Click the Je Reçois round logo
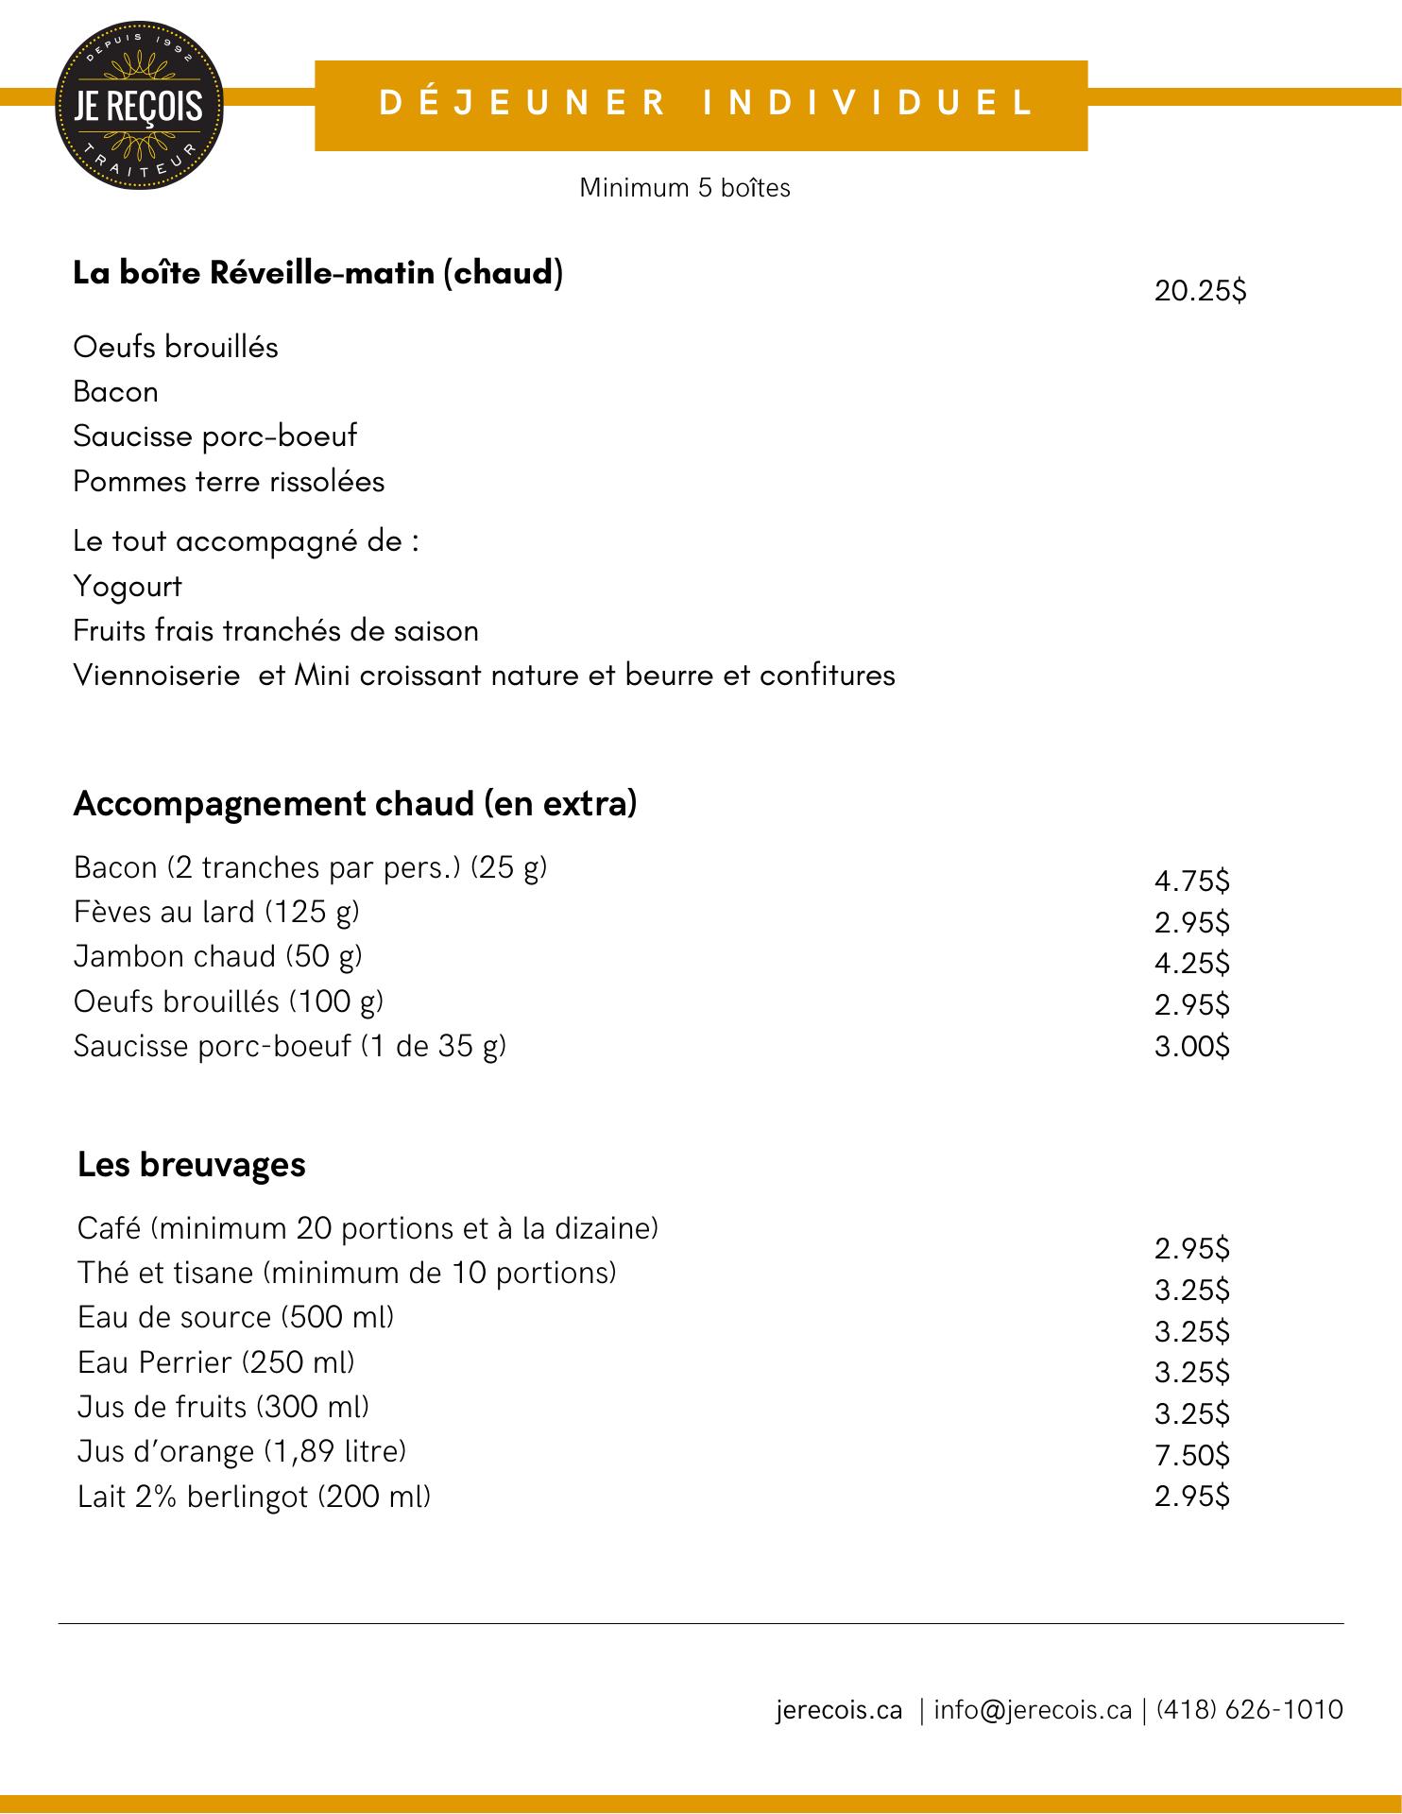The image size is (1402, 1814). point(141,105)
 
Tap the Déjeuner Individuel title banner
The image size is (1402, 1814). point(701,105)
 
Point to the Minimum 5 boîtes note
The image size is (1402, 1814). point(685,188)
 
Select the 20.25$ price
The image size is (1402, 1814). point(1200,291)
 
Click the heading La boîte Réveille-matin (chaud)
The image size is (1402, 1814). point(318,273)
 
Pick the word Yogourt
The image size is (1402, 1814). point(128,587)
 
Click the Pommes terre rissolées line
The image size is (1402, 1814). point(229,482)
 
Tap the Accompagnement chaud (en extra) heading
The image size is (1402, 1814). point(355,803)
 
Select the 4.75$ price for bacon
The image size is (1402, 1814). point(1192,881)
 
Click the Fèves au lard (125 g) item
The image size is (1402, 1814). point(216,912)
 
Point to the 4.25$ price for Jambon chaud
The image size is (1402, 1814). point(1192,964)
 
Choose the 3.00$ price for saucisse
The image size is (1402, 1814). point(1192,1047)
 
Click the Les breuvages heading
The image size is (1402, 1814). point(192,1164)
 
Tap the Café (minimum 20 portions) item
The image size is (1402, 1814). point(368,1228)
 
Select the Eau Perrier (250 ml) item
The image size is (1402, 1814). point(216,1362)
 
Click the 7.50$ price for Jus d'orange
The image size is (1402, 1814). point(1192,1455)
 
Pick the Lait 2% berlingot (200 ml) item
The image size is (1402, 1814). point(254,1497)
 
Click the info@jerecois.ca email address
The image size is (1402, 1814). point(1033,1710)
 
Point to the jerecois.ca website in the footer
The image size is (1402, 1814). point(839,1710)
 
